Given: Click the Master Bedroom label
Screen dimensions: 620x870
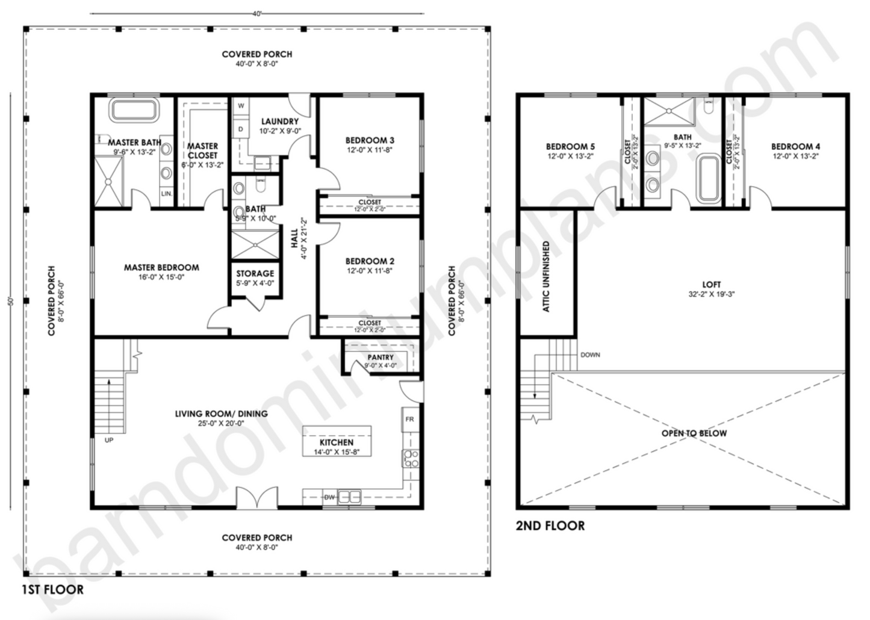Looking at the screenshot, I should pyautogui.click(x=161, y=267).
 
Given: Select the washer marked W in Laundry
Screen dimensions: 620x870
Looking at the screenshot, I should pyautogui.click(x=241, y=106).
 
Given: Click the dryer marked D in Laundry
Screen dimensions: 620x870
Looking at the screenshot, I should pyautogui.click(x=241, y=129).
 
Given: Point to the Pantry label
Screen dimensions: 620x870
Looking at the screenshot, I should pyautogui.click(x=381, y=358).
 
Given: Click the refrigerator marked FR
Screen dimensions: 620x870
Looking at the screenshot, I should pyautogui.click(x=409, y=419).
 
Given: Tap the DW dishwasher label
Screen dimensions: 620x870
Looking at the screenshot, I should pyautogui.click(x=329, y=497).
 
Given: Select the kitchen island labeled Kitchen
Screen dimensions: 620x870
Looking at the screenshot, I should pyautogui.click(x=337, y=442).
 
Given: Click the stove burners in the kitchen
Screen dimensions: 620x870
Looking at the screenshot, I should pyautogui.click(x=411, y=459).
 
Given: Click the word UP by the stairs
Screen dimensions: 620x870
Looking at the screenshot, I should pyautogui.click(x=109, y=440).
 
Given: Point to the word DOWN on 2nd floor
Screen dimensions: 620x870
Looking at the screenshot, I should pyautogui.click(x=590, y=355).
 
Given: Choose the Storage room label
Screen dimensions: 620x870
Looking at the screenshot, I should pyautogui.click(x=255, y=274).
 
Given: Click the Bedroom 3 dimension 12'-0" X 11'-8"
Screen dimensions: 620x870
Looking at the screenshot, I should pyautogui.click(x=370, y=150).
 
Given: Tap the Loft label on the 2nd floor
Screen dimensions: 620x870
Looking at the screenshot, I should pyautogui.click(x=711, y=285).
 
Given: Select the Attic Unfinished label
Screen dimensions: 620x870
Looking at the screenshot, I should pyautogui.click(x=546, y=277).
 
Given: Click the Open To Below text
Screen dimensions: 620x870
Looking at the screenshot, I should pyautogui.click(x=694, y=433).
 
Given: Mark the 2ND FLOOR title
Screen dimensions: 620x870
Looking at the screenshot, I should pyautogui.click(x=550, y=525).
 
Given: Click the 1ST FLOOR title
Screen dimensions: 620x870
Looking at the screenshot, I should pyautogui.click(x=53, y=589).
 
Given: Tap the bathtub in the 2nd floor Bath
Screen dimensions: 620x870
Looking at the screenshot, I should pyautogui.click(x=708, y=178).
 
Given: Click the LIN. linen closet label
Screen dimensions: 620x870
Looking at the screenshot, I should pyautogui.click(x=166, y=194).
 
